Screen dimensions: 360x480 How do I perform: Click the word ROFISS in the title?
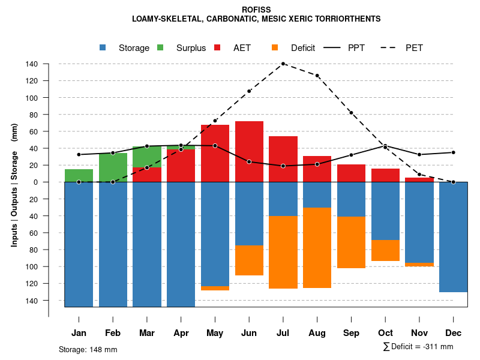256,10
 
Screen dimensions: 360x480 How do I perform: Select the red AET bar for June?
249,151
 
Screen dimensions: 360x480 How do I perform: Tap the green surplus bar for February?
113,167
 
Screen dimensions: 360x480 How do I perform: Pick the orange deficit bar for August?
317,247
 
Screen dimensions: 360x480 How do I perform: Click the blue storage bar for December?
453,236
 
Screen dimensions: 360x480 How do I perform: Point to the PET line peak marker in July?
283,64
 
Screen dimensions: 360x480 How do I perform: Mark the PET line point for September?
351,113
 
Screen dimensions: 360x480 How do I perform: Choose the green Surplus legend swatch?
161,47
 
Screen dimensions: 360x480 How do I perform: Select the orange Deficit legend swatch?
275,47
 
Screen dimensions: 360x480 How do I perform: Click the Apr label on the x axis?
181,333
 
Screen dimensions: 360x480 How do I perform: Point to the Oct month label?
385,333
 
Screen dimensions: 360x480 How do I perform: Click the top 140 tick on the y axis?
32,64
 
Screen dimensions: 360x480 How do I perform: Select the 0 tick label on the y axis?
35,182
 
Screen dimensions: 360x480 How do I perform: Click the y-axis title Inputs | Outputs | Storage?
14,185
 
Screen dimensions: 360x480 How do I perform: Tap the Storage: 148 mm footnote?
88,349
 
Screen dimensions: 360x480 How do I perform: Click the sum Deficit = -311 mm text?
418,346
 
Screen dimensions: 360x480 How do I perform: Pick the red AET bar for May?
215,153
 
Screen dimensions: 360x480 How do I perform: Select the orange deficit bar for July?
283,252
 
